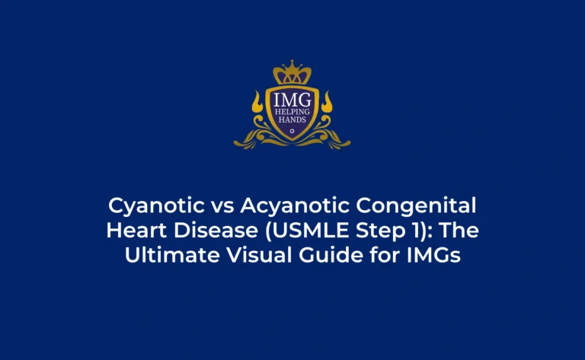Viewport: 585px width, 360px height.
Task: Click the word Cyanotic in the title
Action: pyautogui.click(x=156, y=206)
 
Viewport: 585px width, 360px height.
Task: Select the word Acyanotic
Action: pyautogui.click(x=295, y=206)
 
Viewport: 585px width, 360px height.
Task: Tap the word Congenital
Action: pyautogui.click(x=416, y=206)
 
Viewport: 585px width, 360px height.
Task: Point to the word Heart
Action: pyautogui.click(x=136, y=230)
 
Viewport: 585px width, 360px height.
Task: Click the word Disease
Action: pyautogui.click(x=216, y=230)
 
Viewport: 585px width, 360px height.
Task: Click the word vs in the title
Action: pyautogui.click(x=222, y=208)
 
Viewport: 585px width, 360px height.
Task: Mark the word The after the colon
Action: pyautogui.click(x=458, y=230)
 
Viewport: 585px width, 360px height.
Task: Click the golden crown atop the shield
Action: pyautogui.click(x=292, y=72)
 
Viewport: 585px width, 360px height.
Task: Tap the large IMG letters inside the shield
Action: pyautogui.click(x=292, y=100)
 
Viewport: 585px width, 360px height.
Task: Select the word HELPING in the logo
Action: pyautogui.click(x=292, y=112)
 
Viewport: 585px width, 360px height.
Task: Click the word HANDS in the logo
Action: pyautogui.click(x=292, y=119)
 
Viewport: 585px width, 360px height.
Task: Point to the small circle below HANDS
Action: pyautogui.click(x=292, y=131)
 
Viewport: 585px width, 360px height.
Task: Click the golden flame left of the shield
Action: pyautogui.click(x=257, y=102)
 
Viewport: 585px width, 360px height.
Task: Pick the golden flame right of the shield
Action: pyautogui.click(x=327, y=102)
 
